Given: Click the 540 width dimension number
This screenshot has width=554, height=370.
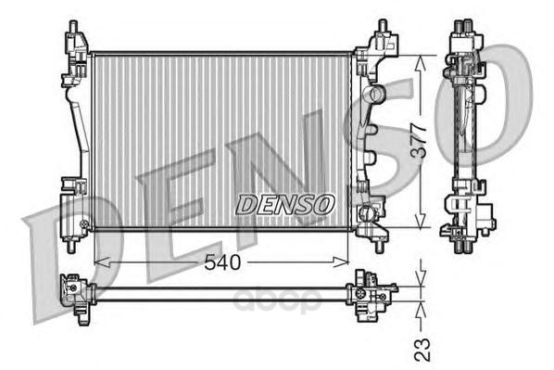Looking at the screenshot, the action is pos(222,262).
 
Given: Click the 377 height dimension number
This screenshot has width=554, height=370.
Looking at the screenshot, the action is pos(420,140).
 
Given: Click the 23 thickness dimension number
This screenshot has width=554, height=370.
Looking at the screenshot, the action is pos(422,350).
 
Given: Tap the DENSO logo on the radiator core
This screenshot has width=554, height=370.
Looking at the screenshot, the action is pos(284,204).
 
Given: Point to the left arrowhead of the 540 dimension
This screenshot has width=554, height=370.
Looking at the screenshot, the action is pos(102,262).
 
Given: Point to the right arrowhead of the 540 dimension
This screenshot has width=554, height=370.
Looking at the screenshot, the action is pos(341,262).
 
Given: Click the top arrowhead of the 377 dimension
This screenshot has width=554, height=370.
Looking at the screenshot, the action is pos(420,65).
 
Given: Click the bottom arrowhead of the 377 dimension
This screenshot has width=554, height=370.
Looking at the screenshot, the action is pos(420,220).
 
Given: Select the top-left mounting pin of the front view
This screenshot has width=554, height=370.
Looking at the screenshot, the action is pos(73,27).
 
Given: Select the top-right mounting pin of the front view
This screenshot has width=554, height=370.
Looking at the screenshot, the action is pos(383,26).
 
